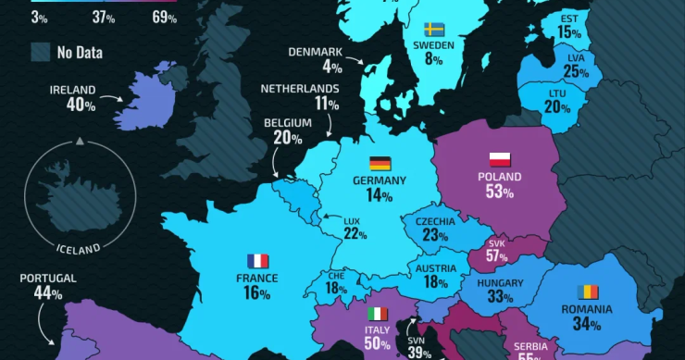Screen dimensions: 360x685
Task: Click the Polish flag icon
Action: click(x=501, y=158)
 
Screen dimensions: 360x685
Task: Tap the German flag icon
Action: click(x=380, y=163)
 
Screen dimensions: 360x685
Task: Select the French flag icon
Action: click(x=257, y=261)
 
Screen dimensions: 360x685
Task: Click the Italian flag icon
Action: click(x=377, y=314)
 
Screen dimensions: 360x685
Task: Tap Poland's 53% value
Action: click(x=500, y=192)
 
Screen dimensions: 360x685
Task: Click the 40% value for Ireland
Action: click(x=81, y=106)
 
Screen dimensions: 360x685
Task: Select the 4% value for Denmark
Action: click(x=331, y=67)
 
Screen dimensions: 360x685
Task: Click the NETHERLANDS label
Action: click(x=300, y=89)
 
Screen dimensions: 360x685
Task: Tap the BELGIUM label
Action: click(x=288, y=122)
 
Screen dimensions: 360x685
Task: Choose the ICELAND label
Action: click(x=78, y=249)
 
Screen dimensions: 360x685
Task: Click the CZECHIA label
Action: click(x=435, y=221)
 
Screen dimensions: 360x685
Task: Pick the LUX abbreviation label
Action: click(x=352, y=221)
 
